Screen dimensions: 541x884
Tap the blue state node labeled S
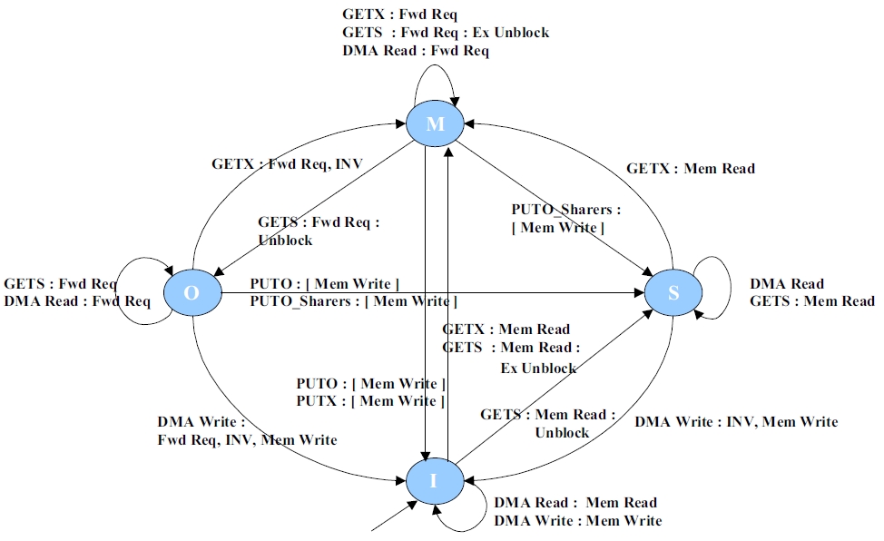[673, 290]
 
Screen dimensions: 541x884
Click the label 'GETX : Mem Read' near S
[691, 168]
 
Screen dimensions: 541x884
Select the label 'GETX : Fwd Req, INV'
[287, 165]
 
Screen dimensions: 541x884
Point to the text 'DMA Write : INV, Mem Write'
[736, 421]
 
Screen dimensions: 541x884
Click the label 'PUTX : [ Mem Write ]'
[370, 400]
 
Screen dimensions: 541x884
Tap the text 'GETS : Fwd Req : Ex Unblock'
[446, 33]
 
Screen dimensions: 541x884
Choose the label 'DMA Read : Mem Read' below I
[575, 502]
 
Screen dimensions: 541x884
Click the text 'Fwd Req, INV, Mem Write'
[247, 440]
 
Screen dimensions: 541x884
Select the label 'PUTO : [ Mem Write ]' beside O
[324, 284]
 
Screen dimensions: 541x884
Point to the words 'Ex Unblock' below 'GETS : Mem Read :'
[538, 368]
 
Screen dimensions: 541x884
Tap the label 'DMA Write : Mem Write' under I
[578, 520]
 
